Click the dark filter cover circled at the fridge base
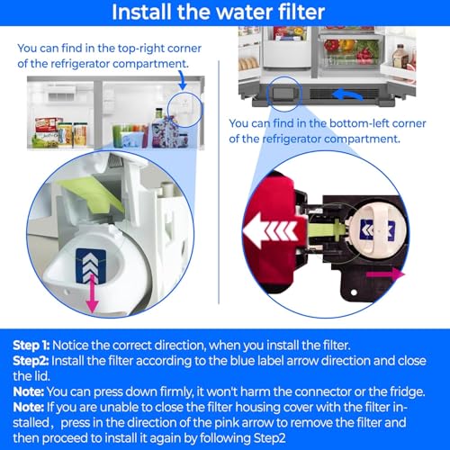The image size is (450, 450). click(287, 94)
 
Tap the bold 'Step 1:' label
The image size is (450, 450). click(33, 345)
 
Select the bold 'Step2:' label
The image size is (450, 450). click(32, 359)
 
